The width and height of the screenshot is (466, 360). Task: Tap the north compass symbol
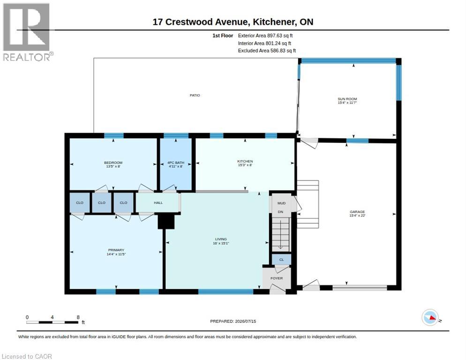click(x=430, y=317)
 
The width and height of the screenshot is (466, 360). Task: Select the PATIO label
click(x=195, y=96)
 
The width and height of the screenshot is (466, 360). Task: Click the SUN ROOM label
click(x=347, y=99)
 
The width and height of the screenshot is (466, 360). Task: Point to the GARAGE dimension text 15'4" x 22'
click(x=357, y=216)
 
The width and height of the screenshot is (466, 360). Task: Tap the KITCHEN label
click(x=245, y=161)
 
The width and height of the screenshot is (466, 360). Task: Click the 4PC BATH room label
click(x=176, y=163)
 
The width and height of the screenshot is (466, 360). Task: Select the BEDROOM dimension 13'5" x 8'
click(x=113, y=166)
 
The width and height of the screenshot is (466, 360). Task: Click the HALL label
click(x=158, y=203)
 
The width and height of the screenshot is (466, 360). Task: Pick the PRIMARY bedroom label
click(x=116, y=250)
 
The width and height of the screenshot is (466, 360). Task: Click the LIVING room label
click(x=221, y=239)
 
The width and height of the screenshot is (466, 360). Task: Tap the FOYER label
click(x=277, y=278)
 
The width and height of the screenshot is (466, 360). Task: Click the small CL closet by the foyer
click(x=281, y=260)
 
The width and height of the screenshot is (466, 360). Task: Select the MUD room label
click(x=281, y=203)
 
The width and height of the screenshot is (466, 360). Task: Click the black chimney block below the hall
click(x=166, y=221)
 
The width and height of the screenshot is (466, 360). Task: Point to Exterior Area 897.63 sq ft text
click(x=265, y=36)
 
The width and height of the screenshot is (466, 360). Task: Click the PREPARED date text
click(x=233, y=321)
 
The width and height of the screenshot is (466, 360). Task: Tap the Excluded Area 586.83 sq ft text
click(x=267, y=51)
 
